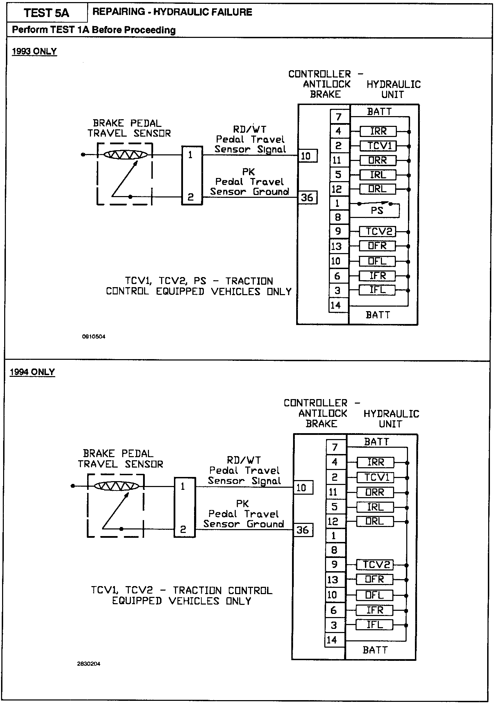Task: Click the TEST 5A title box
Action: click(x=47, y=13)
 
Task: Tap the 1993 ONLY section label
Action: click(x=34, y=51)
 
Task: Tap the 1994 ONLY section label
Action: click(x=32, y=372)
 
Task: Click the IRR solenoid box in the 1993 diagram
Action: click(x=378, y=131)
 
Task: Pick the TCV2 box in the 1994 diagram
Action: click(x=375, y=565)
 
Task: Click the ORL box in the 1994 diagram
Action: click(x=375, y=521)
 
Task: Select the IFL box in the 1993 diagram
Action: click(x=377, y=290)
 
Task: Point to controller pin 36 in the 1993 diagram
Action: click(x=307, y=198)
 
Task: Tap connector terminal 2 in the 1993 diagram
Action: click(x=191, y=197)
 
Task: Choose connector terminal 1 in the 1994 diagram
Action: click(x=183, y=487)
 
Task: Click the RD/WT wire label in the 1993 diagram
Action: click(x=250, y=129)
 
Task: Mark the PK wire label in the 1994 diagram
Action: click(x=242, y=503)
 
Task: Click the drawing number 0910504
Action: click(x=94, y=337)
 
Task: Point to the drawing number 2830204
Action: click(x=89, y=664)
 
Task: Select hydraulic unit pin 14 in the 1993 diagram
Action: click(x=336, y=305)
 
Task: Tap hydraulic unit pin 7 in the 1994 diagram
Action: click(x=335, y=447)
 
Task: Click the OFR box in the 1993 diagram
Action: click(x=377, y=246)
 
